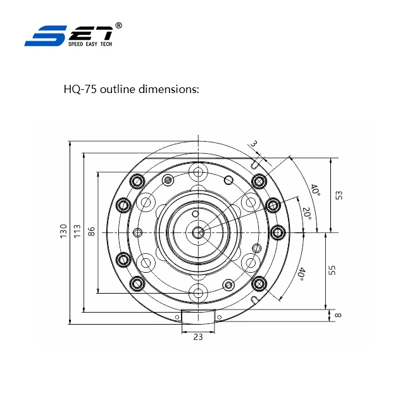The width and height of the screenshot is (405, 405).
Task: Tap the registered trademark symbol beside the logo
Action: [119, 25]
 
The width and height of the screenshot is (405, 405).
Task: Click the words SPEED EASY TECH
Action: [89, 44]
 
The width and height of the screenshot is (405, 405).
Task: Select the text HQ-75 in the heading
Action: [80, 89]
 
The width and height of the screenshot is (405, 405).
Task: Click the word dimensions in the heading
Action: [171, 89]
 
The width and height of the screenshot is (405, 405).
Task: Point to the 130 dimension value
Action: [63, 232]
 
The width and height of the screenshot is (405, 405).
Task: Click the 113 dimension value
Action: [77, 232]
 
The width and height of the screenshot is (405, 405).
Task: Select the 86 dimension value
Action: [92, 232]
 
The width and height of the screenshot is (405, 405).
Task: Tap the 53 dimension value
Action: [339, 194]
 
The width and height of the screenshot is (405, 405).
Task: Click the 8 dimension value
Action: [339, 315]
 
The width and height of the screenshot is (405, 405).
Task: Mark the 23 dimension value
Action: [198, 337]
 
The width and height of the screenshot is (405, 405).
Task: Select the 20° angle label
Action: [306, 213]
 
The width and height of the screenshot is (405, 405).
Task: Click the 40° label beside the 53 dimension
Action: [315, 190]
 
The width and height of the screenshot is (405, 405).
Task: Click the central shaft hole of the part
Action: [198, 232]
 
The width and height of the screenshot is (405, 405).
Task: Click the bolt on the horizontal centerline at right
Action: [278, 232]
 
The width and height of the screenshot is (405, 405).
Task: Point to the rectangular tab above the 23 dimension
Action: [198, 316]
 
